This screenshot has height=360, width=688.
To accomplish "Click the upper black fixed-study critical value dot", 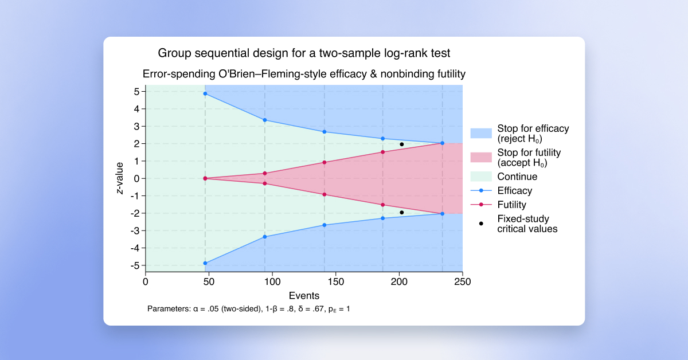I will pyautogui.click(x=402, y=144).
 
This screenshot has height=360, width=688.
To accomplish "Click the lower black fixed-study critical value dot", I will pyautogui.click(x=402, y=212).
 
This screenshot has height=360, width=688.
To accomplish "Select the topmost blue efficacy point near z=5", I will pyautogui.click(x=205, y=93).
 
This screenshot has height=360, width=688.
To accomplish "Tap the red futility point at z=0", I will pyautogui.click(x=205, y=178).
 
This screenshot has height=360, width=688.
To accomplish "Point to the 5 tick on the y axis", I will pyautogui.click(x=137, y=91).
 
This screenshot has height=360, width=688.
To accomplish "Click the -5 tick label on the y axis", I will pyautogui.click(x=135, y=265).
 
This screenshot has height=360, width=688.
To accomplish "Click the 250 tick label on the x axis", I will pyautogui.click(x=462, y=281).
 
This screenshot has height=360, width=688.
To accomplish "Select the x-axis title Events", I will pyautogui.click(x=304, y=295).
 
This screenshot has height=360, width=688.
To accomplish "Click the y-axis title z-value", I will pyautogui.click(x=120, y=178).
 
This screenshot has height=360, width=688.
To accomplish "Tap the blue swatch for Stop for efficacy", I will pyautogui.click(x=480, y=134).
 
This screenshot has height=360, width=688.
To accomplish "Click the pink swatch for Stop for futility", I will pyautogui.click(x=480, y=158).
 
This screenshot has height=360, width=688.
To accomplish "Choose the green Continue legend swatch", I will pyautogui.click(x=480, y=177).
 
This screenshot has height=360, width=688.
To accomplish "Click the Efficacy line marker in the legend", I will pyautogui.click(x=480, y=191).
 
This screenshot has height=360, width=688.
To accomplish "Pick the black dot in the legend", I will pyautogui.click(x=480, y=224).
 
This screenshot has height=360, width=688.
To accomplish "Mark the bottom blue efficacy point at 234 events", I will pyautogui.click(x=442, y=214).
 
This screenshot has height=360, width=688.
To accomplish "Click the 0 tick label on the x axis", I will pyautogui.click(x=146, y=281).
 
